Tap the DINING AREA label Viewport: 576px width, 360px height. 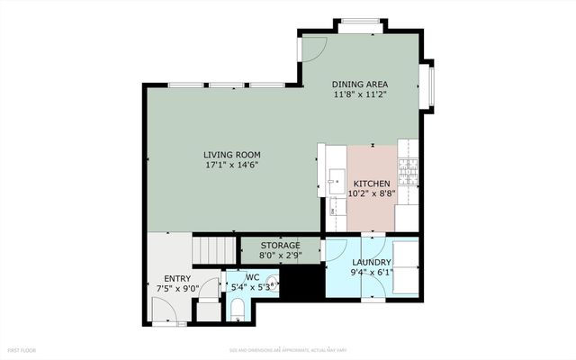[x=372, y=83]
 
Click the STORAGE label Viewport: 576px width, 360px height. [x=280, y=246]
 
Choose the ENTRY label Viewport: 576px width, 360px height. [x=176, y=279]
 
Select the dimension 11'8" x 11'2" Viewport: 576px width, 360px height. [x=372, y=94]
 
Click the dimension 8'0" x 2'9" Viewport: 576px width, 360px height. [x=280, y=256]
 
